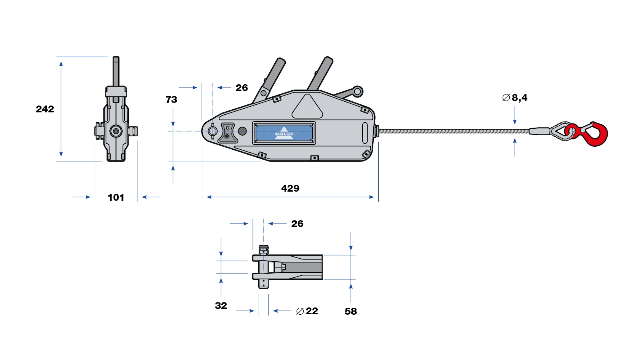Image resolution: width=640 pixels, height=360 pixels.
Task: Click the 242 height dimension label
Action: (45, 109)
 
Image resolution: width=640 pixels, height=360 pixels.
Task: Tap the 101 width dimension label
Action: (116, 197)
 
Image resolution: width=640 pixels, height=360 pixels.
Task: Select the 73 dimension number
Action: (171, 99)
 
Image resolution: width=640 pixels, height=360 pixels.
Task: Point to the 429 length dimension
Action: (290, 188)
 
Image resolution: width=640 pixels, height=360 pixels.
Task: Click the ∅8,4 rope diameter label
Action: (515, 98)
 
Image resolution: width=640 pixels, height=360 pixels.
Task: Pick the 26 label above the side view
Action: (242, 88)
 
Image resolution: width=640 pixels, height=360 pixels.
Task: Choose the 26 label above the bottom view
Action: (298, 224)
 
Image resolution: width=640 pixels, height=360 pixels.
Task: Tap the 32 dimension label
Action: (221, 306)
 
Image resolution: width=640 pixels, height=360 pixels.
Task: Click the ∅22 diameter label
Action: (307, 311)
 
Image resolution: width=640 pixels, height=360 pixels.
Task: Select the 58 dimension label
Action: (351, 311)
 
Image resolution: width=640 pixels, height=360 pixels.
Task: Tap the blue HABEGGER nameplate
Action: (284, 133)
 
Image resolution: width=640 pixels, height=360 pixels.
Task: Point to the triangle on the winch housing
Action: (307, 106)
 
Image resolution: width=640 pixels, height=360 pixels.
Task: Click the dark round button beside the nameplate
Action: (242, 131)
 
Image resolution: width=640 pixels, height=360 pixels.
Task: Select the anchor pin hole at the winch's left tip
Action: (213, 131)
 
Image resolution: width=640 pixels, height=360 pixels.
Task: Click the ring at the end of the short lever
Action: (357, 91)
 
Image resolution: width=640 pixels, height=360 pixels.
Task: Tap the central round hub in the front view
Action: (116, 131)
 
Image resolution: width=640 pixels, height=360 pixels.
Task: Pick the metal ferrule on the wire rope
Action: (539, 131)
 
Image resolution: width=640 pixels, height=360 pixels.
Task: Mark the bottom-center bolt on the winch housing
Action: (314, 158)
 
